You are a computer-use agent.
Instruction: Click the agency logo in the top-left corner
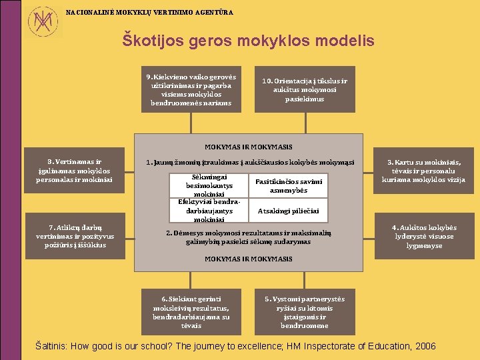[x=44, y=21]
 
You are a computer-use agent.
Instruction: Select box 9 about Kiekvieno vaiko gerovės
[x=191, y=89]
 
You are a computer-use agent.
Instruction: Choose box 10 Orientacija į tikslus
[x=305, y=90]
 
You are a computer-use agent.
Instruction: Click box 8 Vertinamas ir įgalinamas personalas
[x=75, y=171]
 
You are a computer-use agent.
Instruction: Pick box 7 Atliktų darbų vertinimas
[x=75, y=235]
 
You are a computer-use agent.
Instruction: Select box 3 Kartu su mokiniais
[x=423, y=171]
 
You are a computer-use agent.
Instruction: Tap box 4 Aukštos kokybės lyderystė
[x=423, y=236]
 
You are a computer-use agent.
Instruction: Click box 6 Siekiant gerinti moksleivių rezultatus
[x=191, y=311]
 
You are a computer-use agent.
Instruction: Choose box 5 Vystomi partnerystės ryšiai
[x=305, y=311]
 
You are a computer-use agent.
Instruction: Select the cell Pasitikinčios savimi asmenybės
[x=289, y=185]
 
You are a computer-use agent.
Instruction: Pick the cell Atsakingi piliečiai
[x=289, y=211]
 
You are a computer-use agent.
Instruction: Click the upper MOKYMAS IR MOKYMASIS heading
[x=249, y=147]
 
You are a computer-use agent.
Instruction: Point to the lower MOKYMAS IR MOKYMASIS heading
[x=249, y=258]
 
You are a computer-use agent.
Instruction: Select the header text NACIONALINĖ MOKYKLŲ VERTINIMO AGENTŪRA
[x=150, y=12]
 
